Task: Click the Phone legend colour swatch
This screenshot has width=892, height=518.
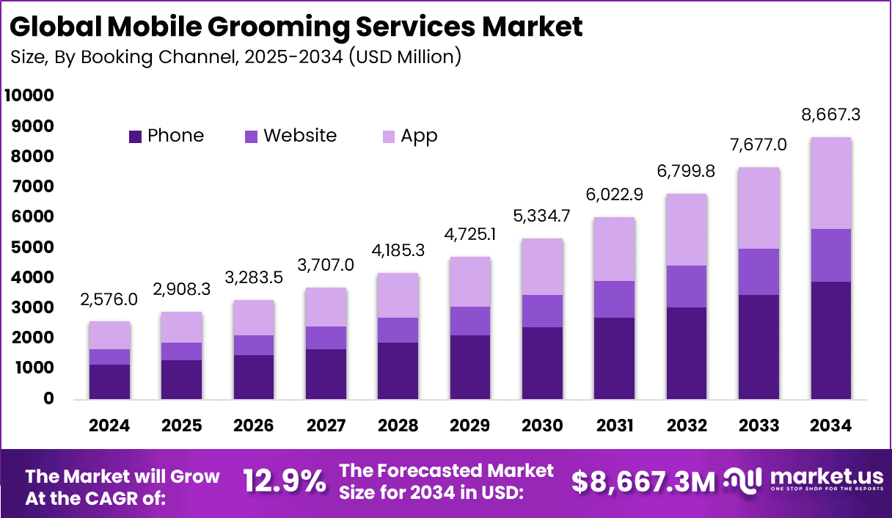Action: point(135,136)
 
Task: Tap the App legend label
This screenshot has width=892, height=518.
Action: point(419,136)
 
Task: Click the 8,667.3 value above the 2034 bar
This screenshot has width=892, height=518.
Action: point(830,114)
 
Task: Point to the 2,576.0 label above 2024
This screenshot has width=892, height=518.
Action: point(109,299)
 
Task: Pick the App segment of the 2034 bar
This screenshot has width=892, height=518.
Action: point(830,183)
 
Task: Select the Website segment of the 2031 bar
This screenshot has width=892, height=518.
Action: point(614,299)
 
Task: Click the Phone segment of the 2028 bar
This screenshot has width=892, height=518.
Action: point(398,371)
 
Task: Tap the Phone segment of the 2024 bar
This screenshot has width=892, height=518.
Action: point(109,382)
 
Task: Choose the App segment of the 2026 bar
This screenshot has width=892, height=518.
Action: point(254,318)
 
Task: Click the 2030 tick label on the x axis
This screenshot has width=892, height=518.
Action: point(542,426)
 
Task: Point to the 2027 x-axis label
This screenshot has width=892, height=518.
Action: point(326,426)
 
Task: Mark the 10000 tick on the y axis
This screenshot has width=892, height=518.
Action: point(29,96)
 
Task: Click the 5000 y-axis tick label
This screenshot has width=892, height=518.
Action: point(29,247)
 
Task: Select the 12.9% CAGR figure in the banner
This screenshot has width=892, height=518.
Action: point(284,482)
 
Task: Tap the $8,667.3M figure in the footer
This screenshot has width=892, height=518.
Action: point(643,482)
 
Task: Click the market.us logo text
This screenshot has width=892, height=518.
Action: point(825,477)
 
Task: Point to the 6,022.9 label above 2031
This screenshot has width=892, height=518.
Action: point(614,195)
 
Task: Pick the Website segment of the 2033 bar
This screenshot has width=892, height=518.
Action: point(758,271)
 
